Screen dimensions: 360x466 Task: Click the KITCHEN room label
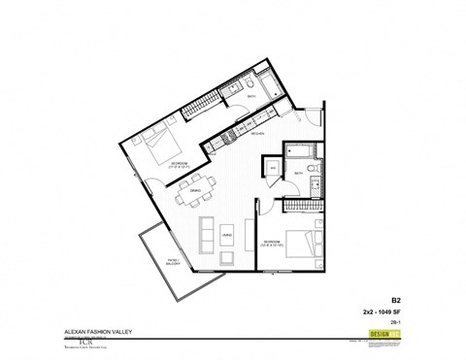[258, 137]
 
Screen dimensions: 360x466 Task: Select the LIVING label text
[227, 236]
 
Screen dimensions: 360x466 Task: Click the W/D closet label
[273, 170]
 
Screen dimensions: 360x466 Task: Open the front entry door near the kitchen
[308, 114]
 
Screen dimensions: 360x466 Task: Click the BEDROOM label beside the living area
[271, 241]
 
